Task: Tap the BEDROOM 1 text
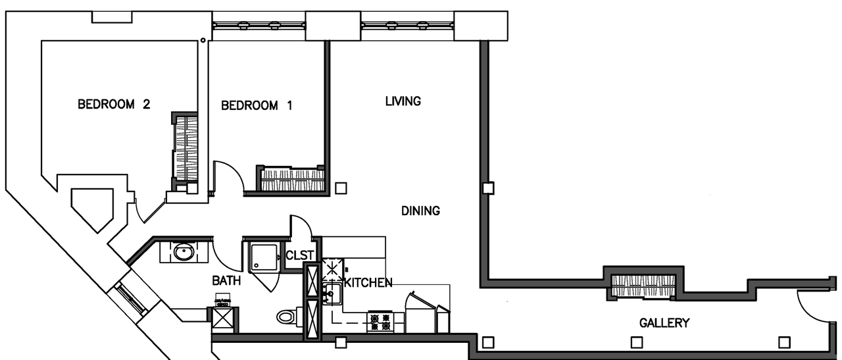click(257, 105)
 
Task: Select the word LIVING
click(403, 101)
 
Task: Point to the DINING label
click(420, 211)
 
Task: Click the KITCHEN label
click(368, 283)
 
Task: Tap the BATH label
click(226, 281)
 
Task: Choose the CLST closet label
click(301, 256)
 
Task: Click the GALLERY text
click(664, 323)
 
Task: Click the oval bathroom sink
click(184, 252)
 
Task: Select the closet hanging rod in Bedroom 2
click(184, 148)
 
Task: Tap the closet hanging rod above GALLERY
click(643, 285)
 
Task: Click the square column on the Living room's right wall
click(487, 188)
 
